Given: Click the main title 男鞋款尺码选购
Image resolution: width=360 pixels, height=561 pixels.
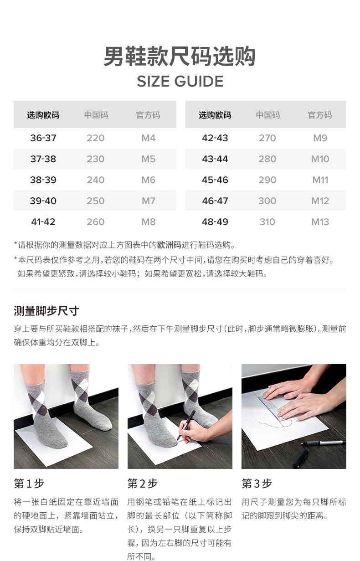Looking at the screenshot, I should click(180, 57).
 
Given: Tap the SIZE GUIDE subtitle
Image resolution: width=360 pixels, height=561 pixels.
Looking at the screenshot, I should click(180, 82).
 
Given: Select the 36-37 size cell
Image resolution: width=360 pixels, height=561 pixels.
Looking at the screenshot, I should click(43, 138).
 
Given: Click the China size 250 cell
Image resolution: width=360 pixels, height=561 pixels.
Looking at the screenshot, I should click(96, 201).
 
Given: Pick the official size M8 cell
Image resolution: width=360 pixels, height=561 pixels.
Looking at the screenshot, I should click(149, 222).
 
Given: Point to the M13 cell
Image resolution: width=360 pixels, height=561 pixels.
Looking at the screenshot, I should click(320, 222).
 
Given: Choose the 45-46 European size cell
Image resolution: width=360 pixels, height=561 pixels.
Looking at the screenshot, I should click(215, 180).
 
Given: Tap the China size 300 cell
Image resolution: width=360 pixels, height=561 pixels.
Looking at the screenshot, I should click(267, 201).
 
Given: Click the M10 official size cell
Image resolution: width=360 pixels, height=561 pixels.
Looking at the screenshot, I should click(320, 159).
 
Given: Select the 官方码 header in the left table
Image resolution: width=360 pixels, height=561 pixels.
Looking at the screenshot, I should click(149, 115).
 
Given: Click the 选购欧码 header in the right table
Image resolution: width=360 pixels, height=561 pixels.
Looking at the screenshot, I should click(215, 115).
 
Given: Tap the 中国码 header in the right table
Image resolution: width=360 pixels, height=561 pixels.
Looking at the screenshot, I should click(267, 115).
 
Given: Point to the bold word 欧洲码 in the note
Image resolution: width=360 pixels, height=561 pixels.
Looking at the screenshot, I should click(169, 245).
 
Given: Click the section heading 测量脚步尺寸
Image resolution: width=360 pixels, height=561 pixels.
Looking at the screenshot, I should click(46, 311).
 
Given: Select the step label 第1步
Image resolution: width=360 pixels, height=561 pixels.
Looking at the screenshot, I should click(29, 484).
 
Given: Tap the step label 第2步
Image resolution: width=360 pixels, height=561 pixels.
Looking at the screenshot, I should click(143, 484).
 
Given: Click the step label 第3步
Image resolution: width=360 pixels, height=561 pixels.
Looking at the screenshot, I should click(257, 484).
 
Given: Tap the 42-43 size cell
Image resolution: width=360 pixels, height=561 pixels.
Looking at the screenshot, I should click(215, 138).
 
